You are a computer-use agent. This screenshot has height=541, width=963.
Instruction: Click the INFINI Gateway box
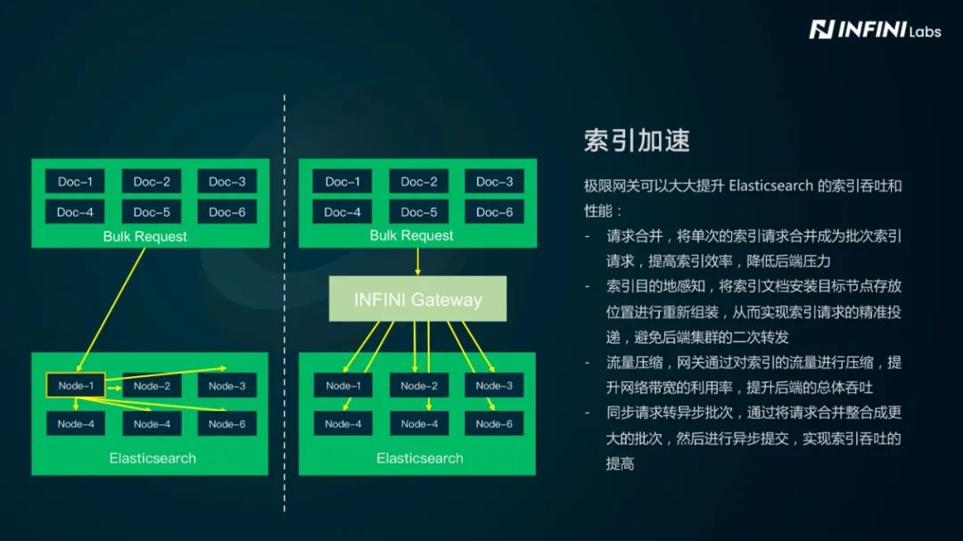click(417, 299)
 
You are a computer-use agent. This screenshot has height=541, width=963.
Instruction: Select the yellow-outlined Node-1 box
click(75, 386)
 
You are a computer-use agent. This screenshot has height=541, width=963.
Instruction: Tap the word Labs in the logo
click(924, 31)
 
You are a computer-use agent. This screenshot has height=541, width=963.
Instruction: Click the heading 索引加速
click(637, 140)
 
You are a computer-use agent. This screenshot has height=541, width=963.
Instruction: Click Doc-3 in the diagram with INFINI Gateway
click(494, 182)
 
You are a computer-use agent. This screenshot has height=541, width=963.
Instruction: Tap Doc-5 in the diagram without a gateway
click(152, 212)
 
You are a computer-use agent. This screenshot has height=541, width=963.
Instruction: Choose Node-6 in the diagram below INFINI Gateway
click(494, 423)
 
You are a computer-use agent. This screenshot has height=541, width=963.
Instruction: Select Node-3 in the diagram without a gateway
click(226, 386)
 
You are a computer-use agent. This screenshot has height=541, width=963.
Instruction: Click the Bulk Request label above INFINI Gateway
click(411, 236)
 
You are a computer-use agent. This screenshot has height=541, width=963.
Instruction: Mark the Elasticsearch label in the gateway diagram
click(419, 458)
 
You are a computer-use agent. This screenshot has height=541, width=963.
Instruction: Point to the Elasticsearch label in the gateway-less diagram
click(152, 458)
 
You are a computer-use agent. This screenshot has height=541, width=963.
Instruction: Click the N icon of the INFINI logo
click(820, 30)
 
